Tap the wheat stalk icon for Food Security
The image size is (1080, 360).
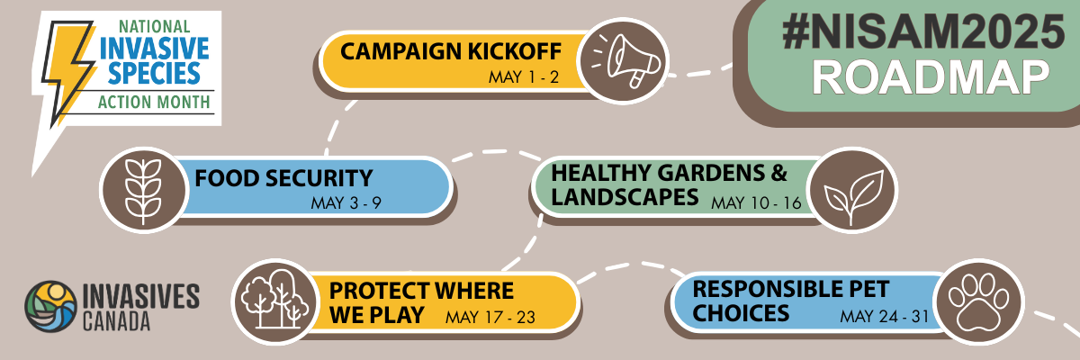tap(143, 192)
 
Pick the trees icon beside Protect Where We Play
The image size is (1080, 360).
tap(274, 300)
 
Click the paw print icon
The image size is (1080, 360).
tap(979, 301)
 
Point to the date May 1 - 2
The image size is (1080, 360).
tap(524, 77)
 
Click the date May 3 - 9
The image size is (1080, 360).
tap(346, 202)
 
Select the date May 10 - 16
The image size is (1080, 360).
tap(756, 202)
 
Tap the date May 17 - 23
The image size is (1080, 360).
tap(490, 317)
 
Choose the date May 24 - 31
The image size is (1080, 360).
tap(884, 316)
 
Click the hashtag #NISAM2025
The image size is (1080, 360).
tap(923, 31)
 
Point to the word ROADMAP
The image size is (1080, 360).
tap(931, 78)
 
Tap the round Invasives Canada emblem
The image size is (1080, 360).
tap(50, 307)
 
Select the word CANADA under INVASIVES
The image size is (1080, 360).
tap(116, 322)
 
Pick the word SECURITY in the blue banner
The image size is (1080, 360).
tap(319, 178)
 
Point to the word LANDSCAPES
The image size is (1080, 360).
tap(625, 197)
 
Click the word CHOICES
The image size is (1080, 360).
tap(741, 313)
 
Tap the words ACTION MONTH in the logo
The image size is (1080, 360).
tap(154, 103)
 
